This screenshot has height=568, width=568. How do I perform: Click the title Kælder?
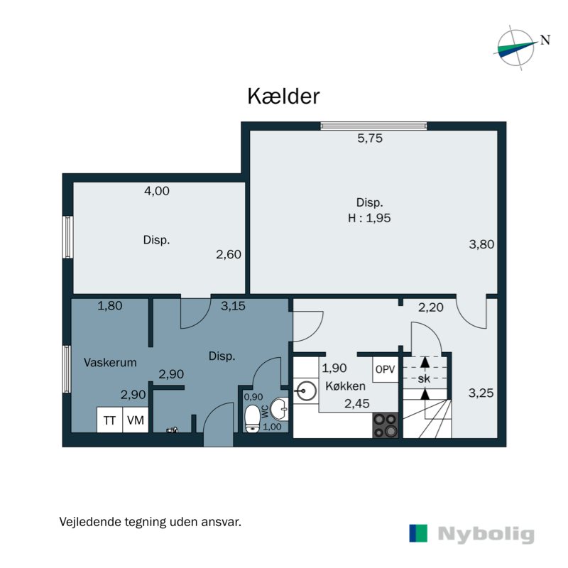pyautogui.click(x=283, y=97)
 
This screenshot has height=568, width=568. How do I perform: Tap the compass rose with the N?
pyautogui.click(x=516, y=48)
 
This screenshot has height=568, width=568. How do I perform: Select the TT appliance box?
pyautogui.click(x=109, y=420)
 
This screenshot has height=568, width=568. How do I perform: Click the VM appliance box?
pyautogui.click(x=135, y=420)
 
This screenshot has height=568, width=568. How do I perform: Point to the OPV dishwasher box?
pyautogui.click(x=385, y=370)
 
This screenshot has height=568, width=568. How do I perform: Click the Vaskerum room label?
pyautogui.click(x=109, y=362)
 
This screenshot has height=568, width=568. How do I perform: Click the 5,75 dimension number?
pyautogui.click(x=369, y=139)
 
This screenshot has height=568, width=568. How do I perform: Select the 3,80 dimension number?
pyautogui.click(x=481, y=244)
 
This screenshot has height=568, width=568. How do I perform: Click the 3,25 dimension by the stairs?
pyautogui.click(x=481, y=391)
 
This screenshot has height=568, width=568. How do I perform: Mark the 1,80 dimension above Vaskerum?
pyautogui.click(x=110, y=306)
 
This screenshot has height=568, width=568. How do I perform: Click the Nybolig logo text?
pyautogui.click(x=486, y=534)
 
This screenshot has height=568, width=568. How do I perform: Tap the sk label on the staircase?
pyautogui.click(x=424, y=379)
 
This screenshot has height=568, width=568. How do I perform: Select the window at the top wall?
pyautogui.click(x=373, y=126)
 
